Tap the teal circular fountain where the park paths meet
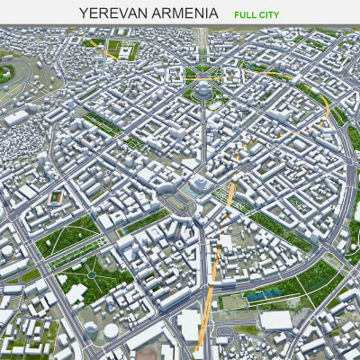coord(92,271)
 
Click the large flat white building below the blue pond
coord(274,319)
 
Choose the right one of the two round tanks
coord(110,331)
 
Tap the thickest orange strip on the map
coord(206,306)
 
